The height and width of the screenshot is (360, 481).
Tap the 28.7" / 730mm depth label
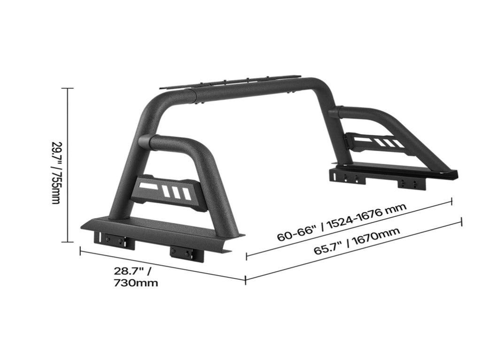[136, 276]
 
